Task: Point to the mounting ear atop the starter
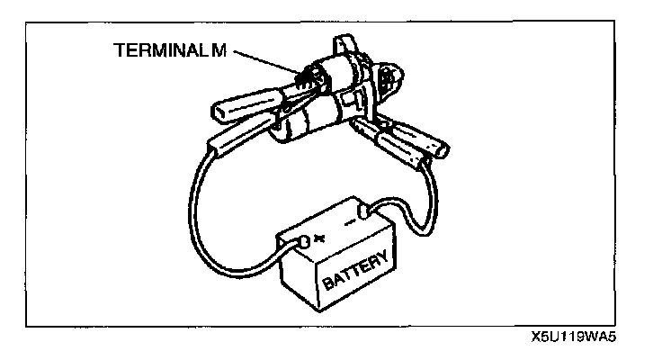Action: pos(345,45)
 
